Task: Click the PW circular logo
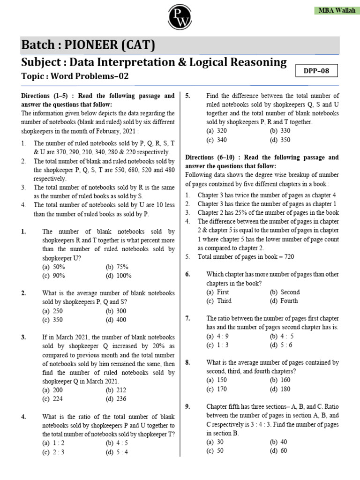point(180,17)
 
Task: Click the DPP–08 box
point(317,72)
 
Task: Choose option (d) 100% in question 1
point(118,276)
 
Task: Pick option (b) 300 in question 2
point(116,311)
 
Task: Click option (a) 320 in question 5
point(217,131)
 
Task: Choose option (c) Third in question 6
point(219,301)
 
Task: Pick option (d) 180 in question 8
point(280,389)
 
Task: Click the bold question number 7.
point(187,318)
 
